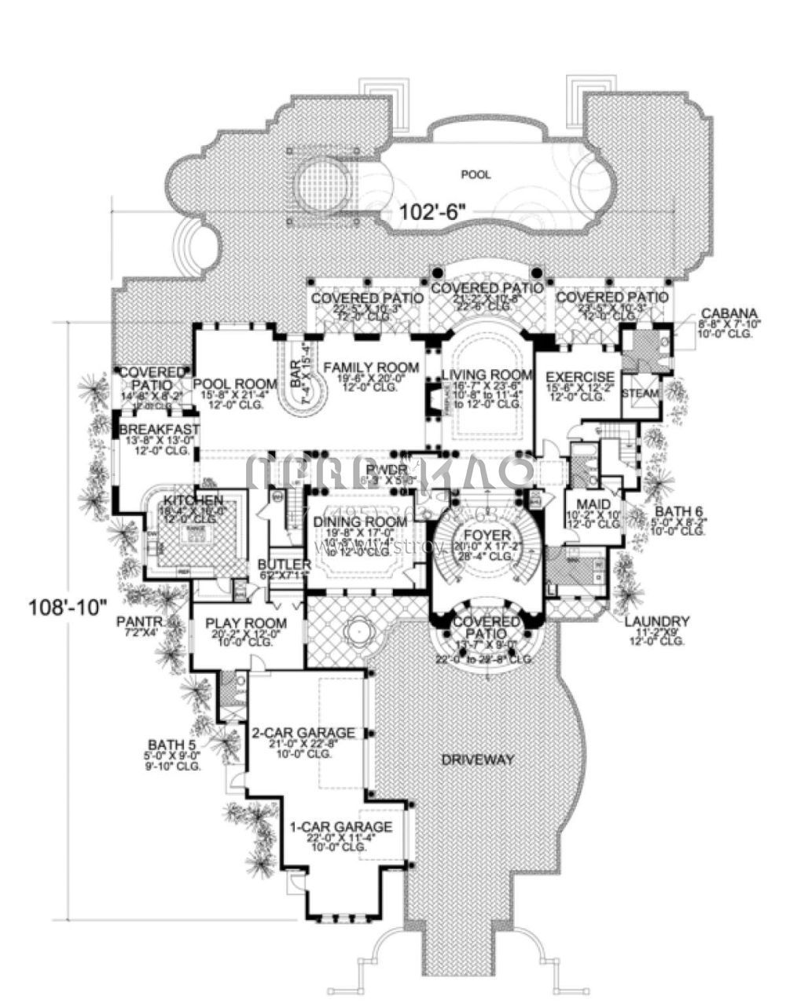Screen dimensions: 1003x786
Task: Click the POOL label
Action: [477, 174]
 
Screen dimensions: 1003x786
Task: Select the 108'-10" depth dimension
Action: [67, 606]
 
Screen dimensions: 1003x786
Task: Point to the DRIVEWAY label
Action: [477, 760]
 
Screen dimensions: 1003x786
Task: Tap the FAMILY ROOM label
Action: [371, 367]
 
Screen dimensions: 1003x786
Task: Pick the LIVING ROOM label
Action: [487, 375]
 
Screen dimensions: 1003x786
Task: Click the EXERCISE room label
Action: [579, 376]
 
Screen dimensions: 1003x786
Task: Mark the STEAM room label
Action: [641, 393]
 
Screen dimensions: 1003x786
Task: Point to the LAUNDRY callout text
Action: [657, 620]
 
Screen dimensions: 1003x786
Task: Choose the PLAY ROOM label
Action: [246, 624]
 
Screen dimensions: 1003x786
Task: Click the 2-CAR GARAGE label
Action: [303, 733]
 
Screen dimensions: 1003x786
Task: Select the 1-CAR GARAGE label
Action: [340, 827]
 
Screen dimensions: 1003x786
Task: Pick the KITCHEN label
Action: [193, 500]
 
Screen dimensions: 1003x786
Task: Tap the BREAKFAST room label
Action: [160, 430]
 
